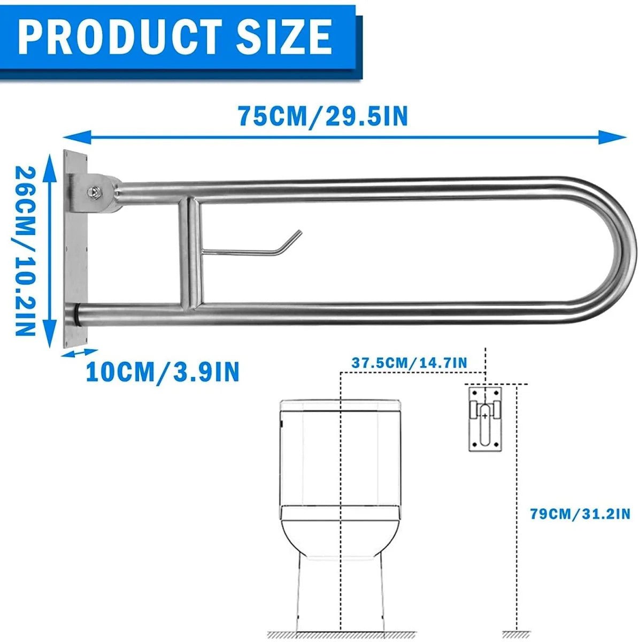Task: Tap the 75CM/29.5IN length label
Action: click(x=323, y=116)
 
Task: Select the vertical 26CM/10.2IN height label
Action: click(x=24, y=251)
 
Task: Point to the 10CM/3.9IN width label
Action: click(x=163, y=371)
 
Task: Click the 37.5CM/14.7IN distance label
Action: click(x=409, y=362)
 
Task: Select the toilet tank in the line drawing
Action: click(x=340, y=455)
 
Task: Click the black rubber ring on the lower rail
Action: click(x=78, y=312)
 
